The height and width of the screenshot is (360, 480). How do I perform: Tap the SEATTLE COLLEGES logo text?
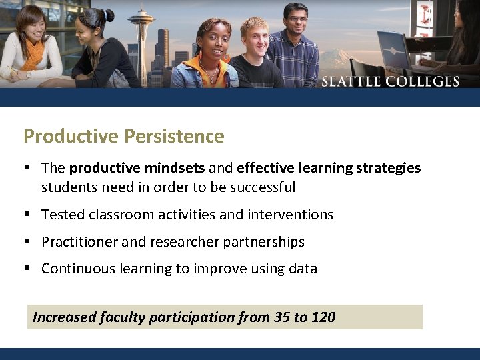click(390, 81)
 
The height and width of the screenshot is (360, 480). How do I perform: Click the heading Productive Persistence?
click(123, 136)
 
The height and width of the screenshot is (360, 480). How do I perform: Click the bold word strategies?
click(388, 168)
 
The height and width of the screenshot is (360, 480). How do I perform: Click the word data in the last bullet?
click(303, 269)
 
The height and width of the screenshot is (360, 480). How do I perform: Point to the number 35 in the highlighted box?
click(282, 317)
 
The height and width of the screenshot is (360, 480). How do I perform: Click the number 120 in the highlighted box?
click(323, 317)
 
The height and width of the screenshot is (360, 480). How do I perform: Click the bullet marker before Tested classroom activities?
click(27, 215)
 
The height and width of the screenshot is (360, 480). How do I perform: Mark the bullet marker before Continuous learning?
click(27, 269)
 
